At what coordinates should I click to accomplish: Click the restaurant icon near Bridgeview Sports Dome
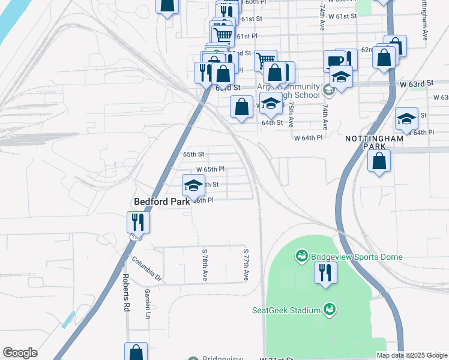[326, 273]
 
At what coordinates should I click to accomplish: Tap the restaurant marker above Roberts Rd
[138, 223]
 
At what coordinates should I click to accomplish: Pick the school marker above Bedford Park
[193, 185]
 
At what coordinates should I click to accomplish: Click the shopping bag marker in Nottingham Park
[379, 161]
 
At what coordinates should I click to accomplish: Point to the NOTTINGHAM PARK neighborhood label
[373, 142]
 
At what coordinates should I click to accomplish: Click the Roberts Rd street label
[127, 292]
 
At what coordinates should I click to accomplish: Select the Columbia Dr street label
[146, 269]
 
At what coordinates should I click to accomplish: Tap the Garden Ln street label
[147, 302]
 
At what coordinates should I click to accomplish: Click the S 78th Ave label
[205, 265]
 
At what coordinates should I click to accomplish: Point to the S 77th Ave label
[246, 265]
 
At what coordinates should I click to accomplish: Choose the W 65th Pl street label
[210, 169]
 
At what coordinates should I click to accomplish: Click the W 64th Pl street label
[309, 137]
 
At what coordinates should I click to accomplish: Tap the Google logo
[20, 353]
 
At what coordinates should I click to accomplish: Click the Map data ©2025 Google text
[412, 355]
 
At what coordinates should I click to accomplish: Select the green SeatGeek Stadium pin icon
[329, 310]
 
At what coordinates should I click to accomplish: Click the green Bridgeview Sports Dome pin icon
[301, 257]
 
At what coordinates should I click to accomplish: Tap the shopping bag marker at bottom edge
[136, 352]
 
